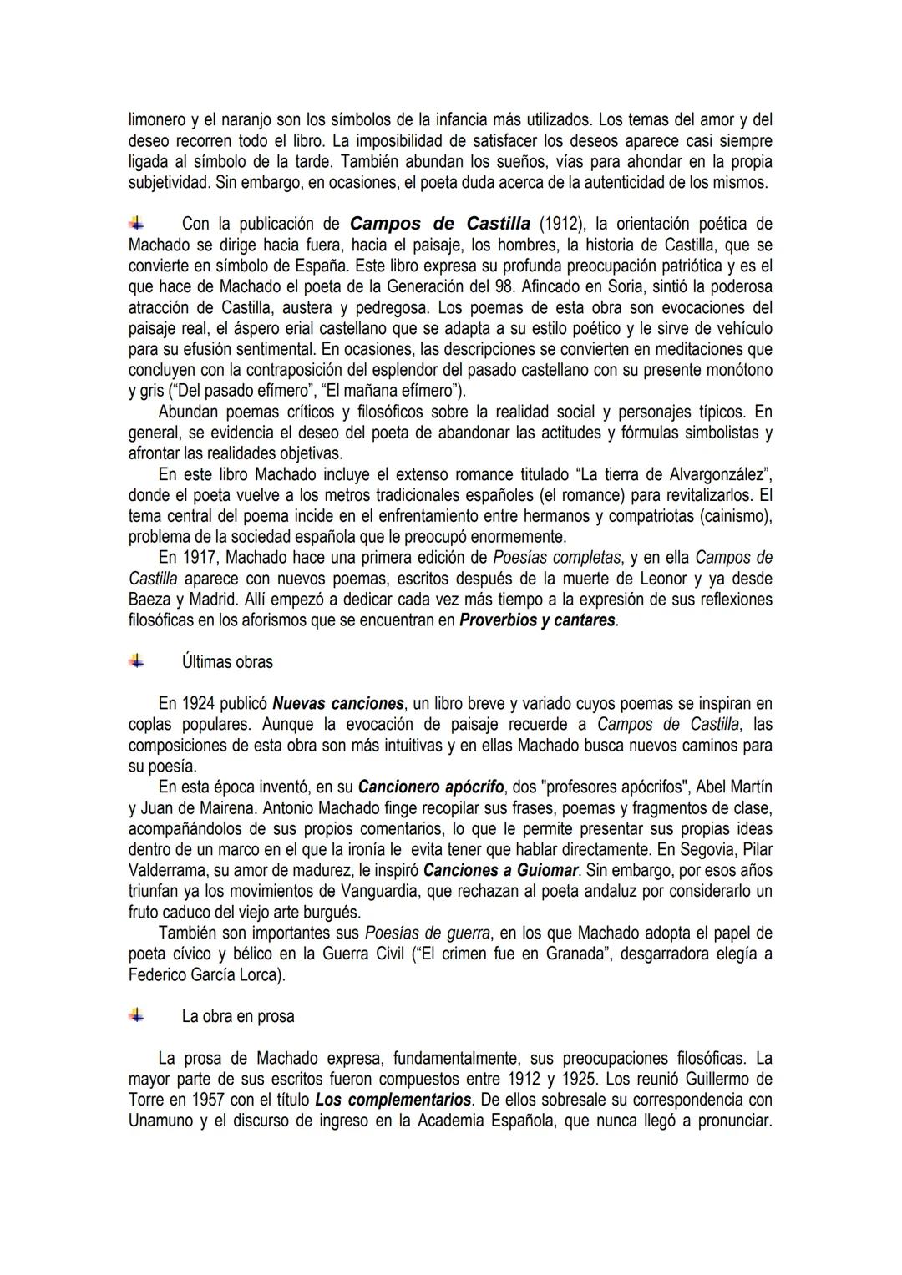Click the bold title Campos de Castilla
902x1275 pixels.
439,224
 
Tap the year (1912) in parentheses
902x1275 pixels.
561,224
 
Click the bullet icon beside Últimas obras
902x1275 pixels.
137,661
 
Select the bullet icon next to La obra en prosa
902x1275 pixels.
137,1016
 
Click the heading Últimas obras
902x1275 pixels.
227,662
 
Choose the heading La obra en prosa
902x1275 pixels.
238,1017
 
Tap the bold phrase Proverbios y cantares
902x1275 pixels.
538,621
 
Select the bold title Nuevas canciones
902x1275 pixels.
338,703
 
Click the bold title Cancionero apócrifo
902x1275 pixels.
430,787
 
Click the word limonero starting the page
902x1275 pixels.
160,119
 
